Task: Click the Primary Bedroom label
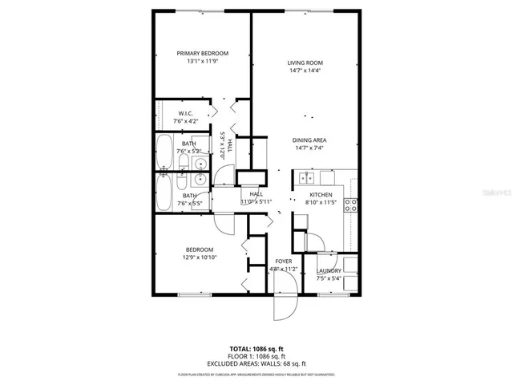203,54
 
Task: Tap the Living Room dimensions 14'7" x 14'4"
305,71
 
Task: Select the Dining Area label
309,139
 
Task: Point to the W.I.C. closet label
186,113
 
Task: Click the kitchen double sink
305,177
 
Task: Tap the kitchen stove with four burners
350,204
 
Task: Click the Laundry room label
328,270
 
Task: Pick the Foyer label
283,261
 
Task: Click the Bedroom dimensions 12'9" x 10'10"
202,257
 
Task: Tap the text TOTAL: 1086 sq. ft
256,349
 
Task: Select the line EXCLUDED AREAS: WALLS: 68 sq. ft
256,363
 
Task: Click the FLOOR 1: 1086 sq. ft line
256,356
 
